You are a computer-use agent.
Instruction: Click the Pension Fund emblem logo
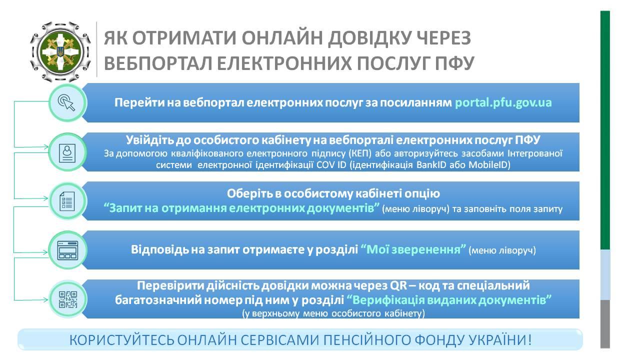click(x=60, y=52)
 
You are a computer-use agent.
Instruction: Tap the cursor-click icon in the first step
click(x=67, y=103)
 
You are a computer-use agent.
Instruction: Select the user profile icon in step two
click(x=67, y=152)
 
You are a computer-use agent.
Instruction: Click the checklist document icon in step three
click(x=67, y=201)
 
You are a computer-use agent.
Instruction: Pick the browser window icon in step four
click(x=67, y=250)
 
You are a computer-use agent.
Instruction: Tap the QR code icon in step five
click(x=67, y=299)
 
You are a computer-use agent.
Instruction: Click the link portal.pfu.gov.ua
click(x=503, y=103)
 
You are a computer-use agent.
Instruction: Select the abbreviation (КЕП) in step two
click(x=359, y=153)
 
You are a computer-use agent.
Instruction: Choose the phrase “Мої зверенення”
click(x=413, y=249)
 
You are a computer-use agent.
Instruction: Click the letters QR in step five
click(x=398, y=285)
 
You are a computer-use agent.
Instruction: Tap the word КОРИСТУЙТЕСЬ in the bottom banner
click(x=121, y=340)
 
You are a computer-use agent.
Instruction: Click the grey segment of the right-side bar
click(x=605, y=324)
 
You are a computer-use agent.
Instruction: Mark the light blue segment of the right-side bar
click(x=605, y=275)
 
